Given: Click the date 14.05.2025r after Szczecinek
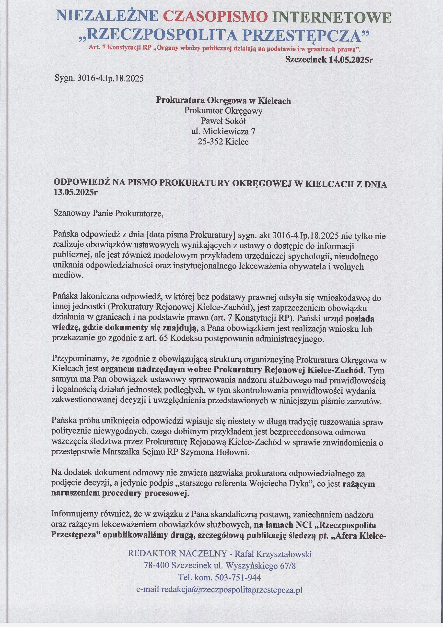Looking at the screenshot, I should tap(351, 60).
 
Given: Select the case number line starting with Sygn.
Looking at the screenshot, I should tap(99, 78).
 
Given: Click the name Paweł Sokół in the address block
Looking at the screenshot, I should tap(223, 121).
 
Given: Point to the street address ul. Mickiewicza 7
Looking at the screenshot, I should tap(223, 131).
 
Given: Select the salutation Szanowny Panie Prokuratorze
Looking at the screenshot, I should tap(108, 213).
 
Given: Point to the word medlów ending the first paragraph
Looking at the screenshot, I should tap(67, 275).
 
